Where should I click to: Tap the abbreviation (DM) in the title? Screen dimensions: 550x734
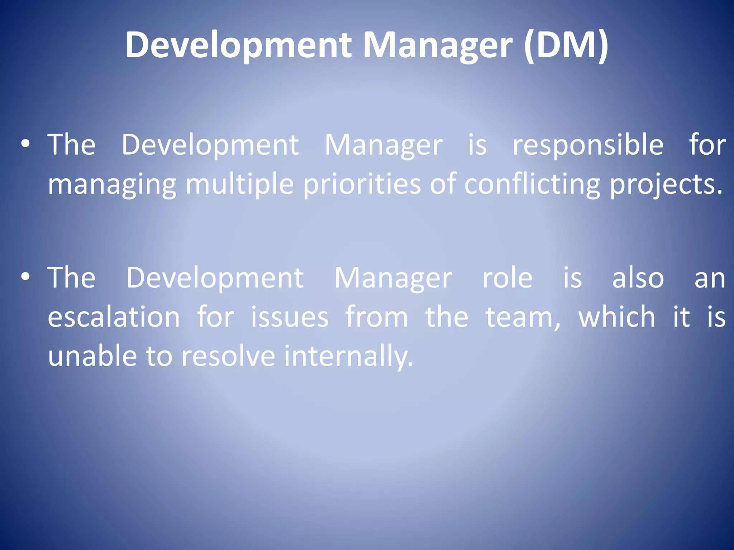point(566,45)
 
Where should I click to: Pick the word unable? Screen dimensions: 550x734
point(92,357)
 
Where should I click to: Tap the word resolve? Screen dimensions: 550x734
point(228,357)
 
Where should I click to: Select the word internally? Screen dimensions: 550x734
point(348,357)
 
